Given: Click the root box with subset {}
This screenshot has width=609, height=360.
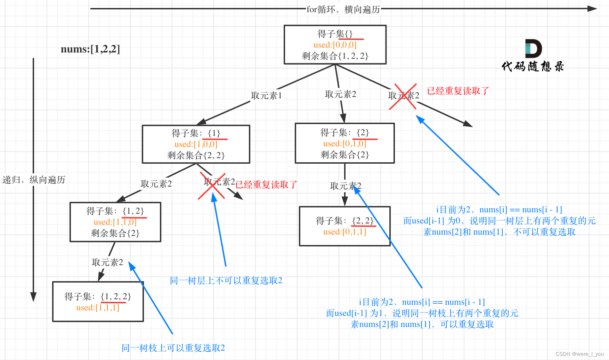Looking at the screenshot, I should point(335,44).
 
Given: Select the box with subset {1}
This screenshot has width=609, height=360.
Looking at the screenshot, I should point(196,144).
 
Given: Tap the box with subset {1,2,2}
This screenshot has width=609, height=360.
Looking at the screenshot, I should point(98,302).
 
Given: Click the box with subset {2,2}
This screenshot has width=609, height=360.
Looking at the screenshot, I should point(344,226).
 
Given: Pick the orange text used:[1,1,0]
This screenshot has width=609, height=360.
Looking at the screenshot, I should point(115,222).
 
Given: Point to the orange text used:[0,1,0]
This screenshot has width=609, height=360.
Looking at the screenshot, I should point(344,144).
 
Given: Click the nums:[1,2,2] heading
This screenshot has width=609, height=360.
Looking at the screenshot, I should point(90,49).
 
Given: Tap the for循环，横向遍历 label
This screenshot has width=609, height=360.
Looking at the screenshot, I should point(343,9).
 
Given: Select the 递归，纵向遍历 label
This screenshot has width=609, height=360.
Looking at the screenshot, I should point(34,180).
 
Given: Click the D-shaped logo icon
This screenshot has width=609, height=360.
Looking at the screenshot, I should point(533,49).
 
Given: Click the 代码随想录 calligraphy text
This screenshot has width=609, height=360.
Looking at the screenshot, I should point(533,66).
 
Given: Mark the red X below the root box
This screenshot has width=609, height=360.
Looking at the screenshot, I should point(403,96).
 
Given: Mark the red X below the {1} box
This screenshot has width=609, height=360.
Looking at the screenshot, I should point(212,186).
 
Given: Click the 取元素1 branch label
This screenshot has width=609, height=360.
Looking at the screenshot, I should point(266,96).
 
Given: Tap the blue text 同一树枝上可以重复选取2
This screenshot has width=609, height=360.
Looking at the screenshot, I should point(173,348).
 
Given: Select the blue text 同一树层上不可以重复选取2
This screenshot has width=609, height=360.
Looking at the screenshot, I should point(226,280).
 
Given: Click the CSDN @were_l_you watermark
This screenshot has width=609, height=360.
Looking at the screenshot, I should point(579,354).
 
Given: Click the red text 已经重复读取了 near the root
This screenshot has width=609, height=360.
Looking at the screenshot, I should point(458,91).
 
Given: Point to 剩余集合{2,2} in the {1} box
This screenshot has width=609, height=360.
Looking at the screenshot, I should point(196,155).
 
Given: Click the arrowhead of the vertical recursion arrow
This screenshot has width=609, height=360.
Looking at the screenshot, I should point(33,297).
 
